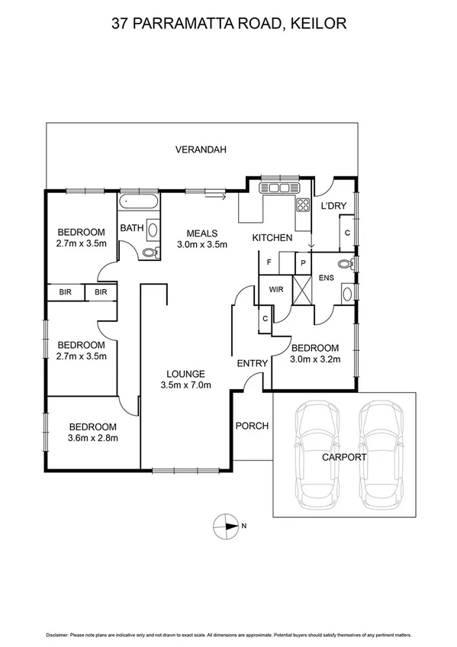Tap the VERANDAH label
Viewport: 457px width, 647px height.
201,150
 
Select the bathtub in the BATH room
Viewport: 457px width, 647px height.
139,203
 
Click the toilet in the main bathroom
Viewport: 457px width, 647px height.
148,252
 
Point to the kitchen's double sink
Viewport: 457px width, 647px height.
275,188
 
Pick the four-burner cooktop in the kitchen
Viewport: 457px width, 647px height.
302,204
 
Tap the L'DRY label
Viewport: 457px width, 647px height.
333,206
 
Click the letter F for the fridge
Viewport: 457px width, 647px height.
269,263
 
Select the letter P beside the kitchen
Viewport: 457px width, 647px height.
303,263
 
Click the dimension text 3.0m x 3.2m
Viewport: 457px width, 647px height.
315,358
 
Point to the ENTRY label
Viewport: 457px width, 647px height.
251,363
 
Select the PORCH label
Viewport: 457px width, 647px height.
251,426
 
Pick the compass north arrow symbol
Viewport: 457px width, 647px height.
228,525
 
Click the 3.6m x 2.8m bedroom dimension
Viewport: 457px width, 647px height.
92,438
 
